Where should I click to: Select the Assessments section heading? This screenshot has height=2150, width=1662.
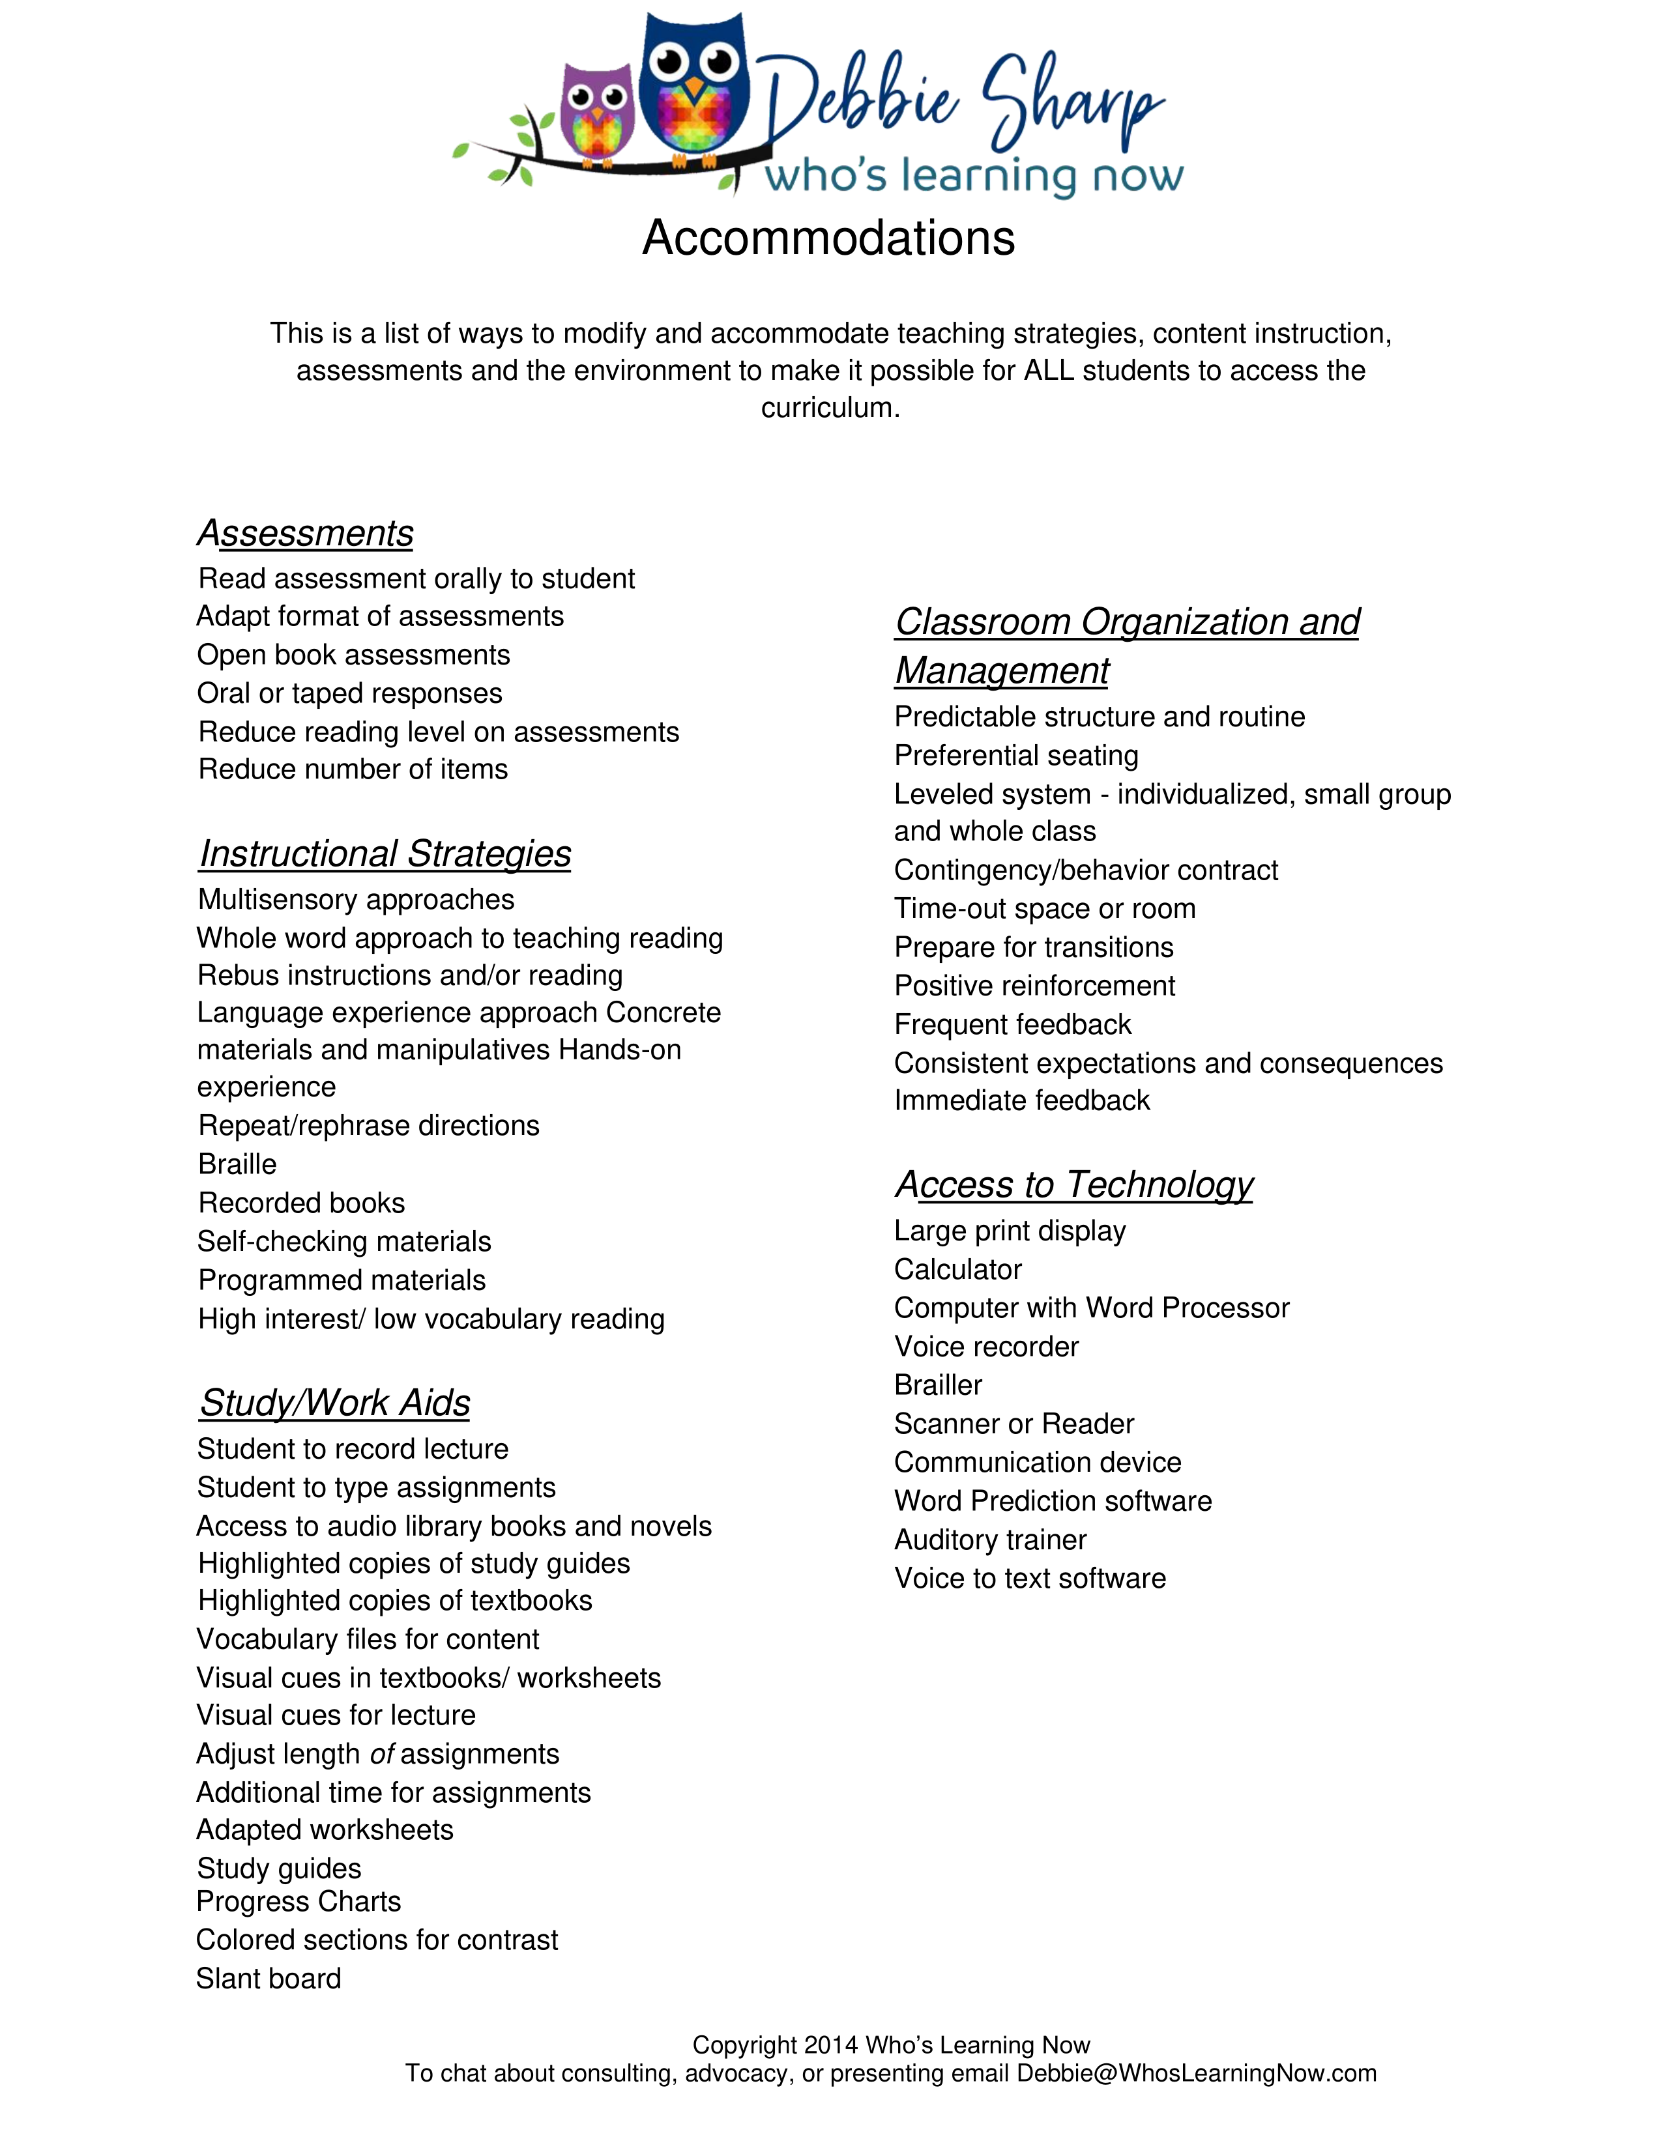pos(305,534)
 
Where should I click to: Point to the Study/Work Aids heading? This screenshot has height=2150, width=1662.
pos(335,1403)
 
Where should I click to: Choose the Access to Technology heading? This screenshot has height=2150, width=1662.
pos(1074,1185)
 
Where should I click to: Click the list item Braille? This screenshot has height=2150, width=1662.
pos(237,1165)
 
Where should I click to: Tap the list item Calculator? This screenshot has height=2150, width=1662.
pos(957,1270)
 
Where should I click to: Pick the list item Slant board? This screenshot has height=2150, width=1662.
pos(269,1979)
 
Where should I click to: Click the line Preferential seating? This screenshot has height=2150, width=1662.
pos(1016,756)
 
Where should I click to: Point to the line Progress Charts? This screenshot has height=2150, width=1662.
pos(299,1902)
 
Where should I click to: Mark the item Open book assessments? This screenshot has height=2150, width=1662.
pos(353,655)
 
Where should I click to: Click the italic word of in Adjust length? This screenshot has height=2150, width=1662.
pos(381,1755)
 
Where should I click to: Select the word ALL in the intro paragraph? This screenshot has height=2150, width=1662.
pos(1049,371)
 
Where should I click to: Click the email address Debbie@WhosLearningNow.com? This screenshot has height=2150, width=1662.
pos(1196,2074)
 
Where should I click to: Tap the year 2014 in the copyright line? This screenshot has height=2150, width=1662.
pos(831,2046)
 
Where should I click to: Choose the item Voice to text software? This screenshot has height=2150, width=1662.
pos(1030,1579)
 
